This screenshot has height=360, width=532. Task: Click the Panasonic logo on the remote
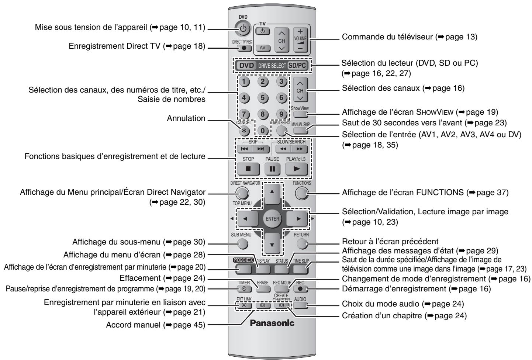tap(273, 323)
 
